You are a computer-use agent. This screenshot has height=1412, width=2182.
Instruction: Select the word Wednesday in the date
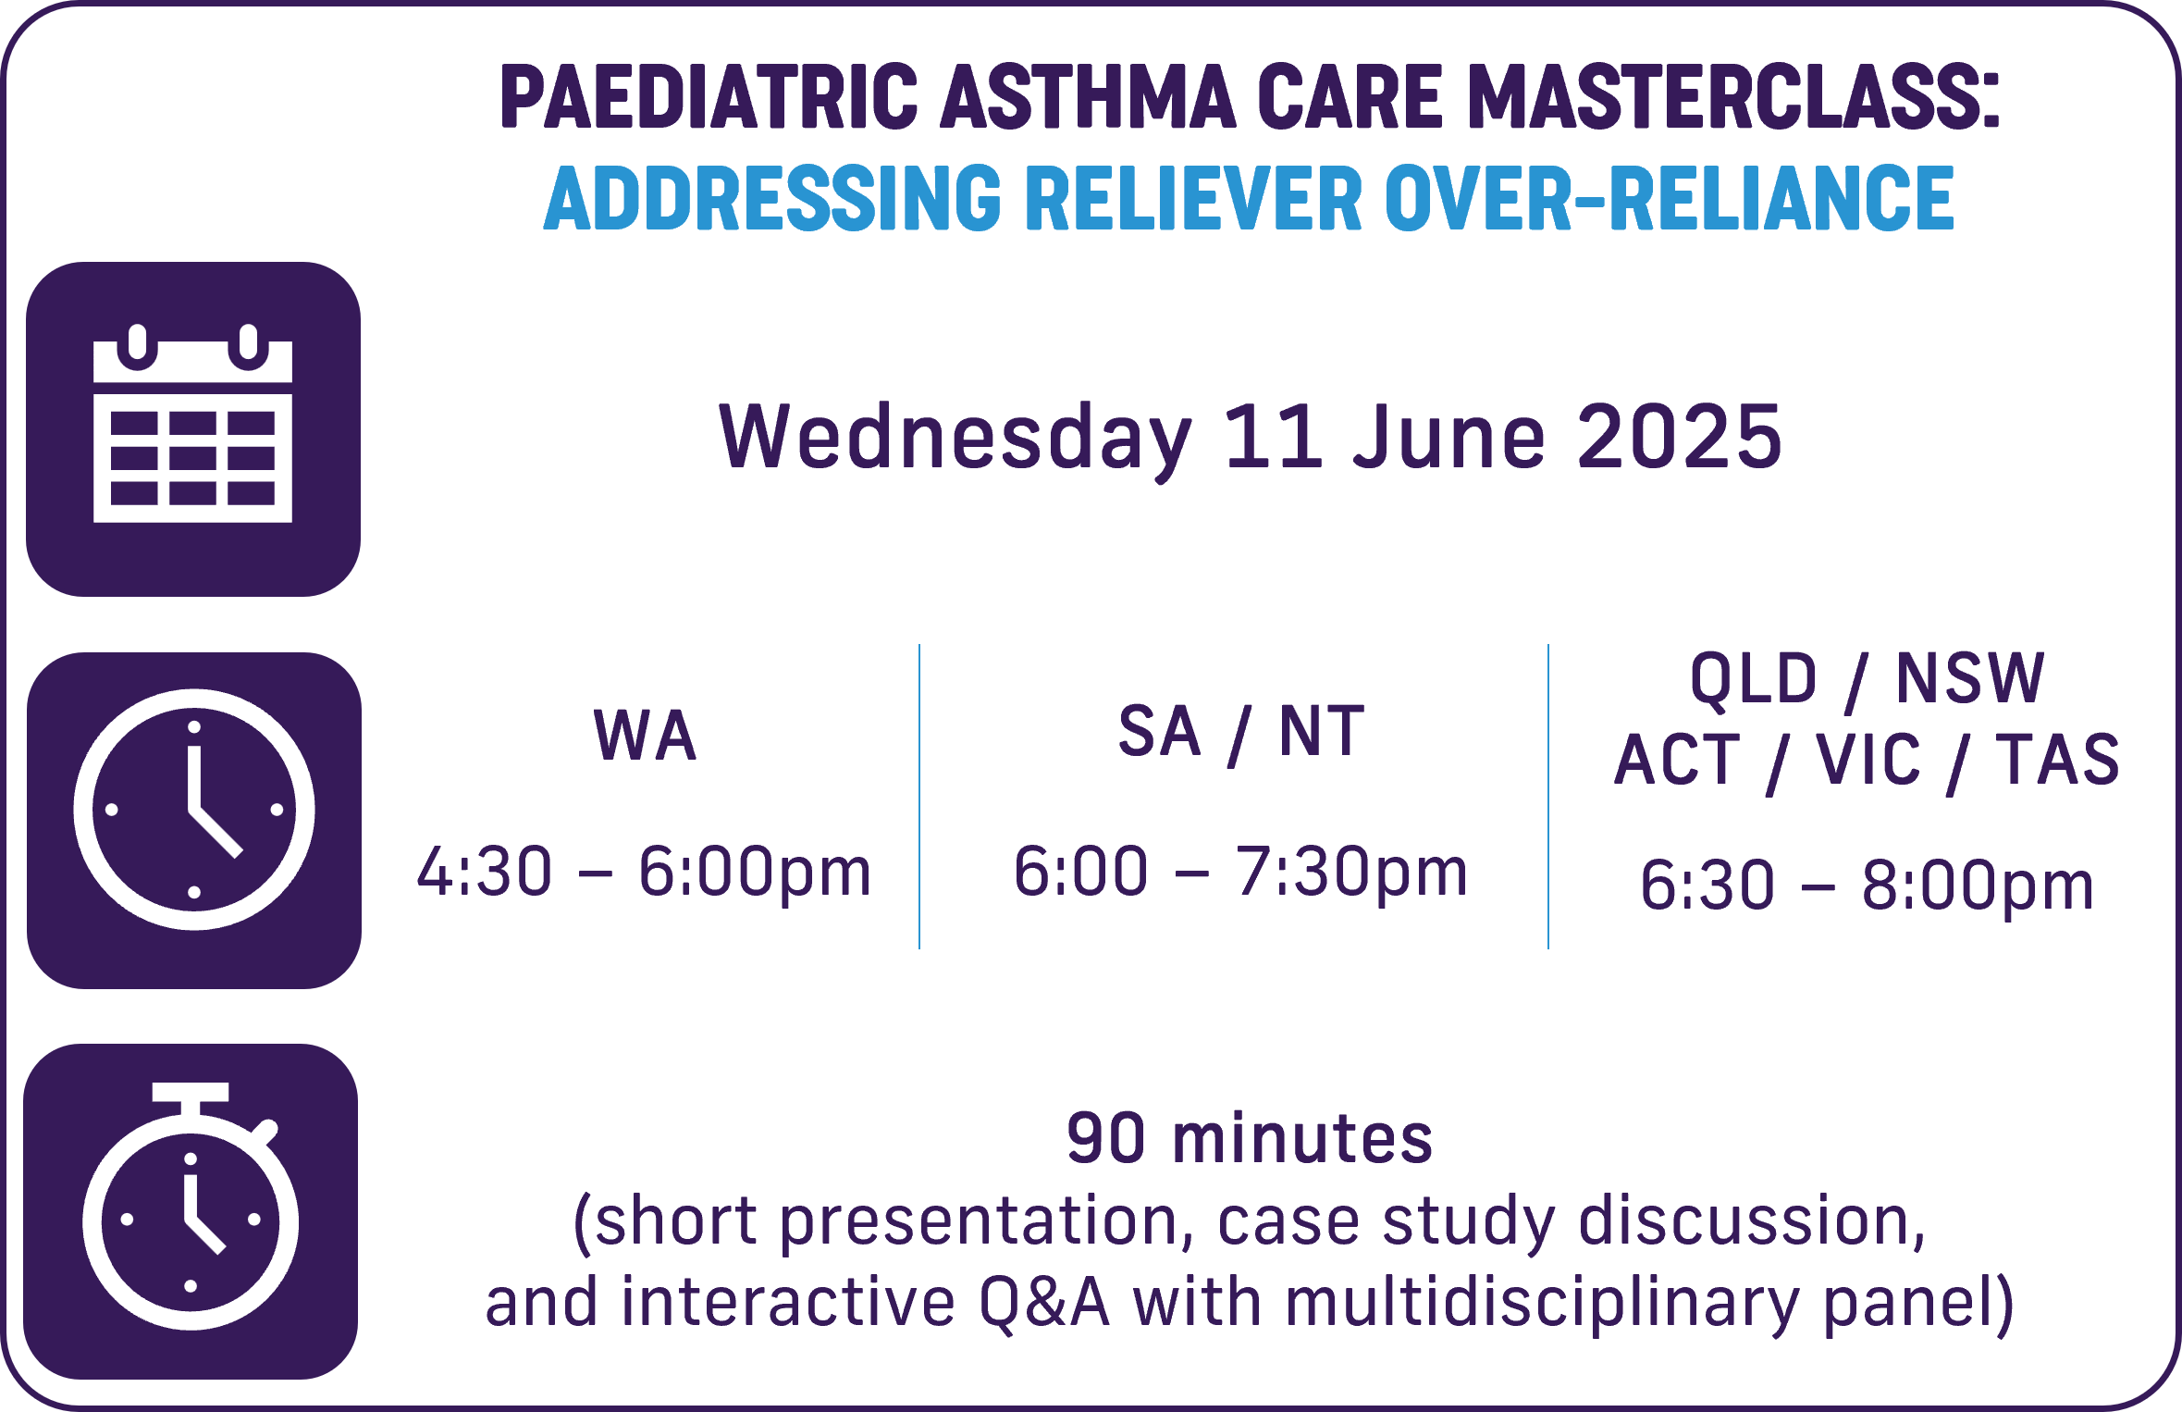[x=956, y=438]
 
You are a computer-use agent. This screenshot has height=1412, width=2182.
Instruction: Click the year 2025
[x=1680, y=436]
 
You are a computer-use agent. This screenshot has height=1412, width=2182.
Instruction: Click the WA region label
[x=645, y=736]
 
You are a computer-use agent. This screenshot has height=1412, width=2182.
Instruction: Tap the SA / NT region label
[x=1241, y=732]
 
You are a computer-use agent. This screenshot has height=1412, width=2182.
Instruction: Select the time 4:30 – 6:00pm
[x=645, y=872]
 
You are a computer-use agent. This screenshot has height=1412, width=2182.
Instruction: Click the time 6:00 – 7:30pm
[x=1241, y=872]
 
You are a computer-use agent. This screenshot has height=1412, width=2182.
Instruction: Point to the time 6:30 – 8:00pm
[x=1868, y=886]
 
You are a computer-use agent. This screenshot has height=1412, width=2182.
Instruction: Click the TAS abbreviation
[x=2058, y=760]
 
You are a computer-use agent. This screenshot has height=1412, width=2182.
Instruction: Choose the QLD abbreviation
[x=1754, y=679]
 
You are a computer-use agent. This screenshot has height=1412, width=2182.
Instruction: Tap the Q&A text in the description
[x=1044, y=1303]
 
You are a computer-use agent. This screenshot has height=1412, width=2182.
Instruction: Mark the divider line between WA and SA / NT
[x=919, y=797]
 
